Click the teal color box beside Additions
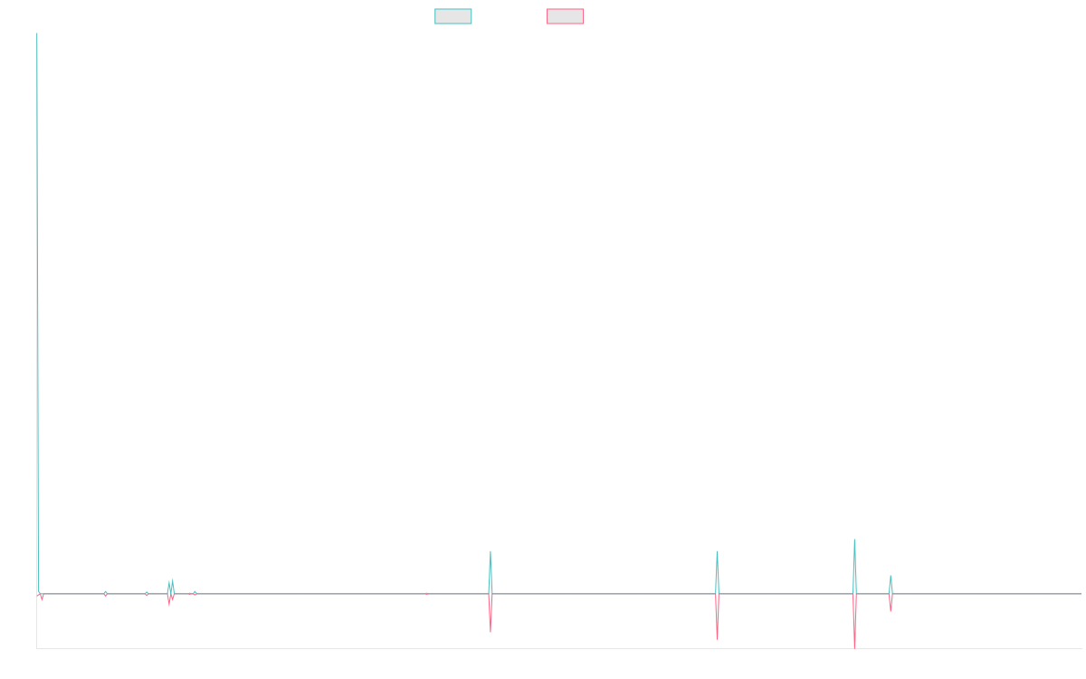(x=453, y=16)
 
